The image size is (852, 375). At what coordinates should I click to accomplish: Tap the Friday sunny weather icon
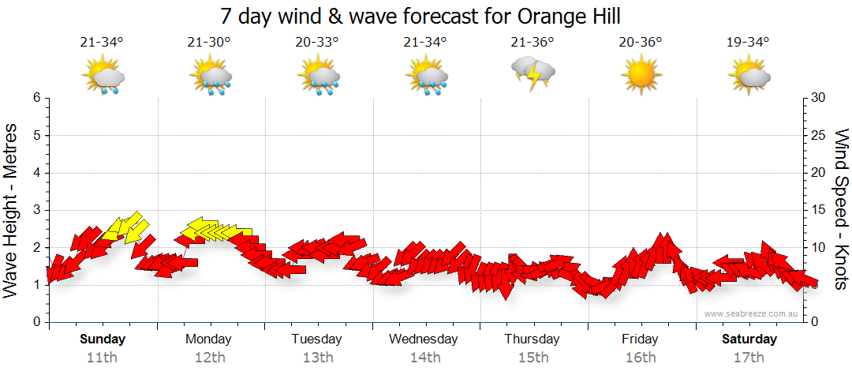(640, 77)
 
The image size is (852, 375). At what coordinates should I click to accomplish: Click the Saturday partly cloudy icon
(748, 77)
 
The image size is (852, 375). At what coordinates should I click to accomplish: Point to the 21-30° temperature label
(209, 43)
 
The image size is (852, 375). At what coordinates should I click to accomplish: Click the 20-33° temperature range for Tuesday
(317, 43)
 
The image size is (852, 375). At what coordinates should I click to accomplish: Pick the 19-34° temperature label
(748, 43)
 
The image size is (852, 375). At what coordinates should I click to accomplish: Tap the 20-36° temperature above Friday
(640, 43)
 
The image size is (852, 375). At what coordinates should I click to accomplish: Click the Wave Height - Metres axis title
(12, 210)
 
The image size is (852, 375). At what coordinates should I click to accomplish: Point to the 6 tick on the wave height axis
(35, 98)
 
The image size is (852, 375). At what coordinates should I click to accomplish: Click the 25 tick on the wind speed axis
(820, 135)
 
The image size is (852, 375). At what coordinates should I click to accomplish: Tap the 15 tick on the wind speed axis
(820, 210)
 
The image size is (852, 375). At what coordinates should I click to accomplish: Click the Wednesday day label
(424, 339)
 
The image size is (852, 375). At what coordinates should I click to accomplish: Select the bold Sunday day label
(102, 339)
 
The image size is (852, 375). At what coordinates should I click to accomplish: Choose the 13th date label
(317, 357)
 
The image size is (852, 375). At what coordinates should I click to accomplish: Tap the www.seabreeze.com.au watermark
(752, 313)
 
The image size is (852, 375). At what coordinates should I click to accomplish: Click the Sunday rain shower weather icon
(102, 77)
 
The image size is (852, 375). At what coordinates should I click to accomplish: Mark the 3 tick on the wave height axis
(35, 210)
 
